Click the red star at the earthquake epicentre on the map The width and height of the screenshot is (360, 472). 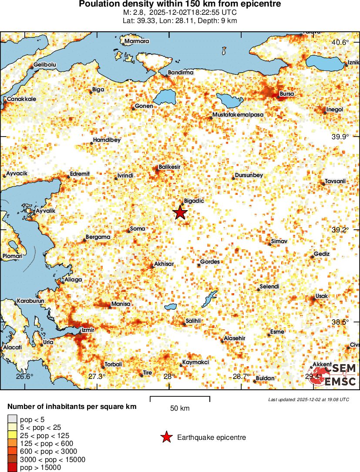click(180, 213)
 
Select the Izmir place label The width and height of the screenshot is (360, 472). click(88, 330)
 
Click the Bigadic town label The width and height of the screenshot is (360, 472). click(194, 201)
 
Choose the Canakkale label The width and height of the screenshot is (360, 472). click(21, 99)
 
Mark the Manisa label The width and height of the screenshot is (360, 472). click(121, 304)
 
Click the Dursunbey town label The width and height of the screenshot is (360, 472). click(249, 175)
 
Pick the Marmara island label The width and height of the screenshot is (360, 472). click(137, 42)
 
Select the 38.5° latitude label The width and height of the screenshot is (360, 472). click(340, 322)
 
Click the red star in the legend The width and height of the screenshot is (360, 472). click(166, 437)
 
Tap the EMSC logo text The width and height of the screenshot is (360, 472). click(340, 382)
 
